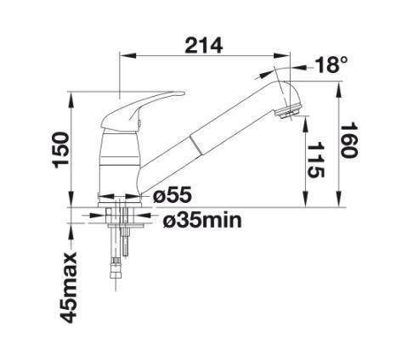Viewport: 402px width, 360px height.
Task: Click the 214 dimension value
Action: point(203,46)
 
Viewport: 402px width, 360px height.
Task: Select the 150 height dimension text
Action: point(61,149)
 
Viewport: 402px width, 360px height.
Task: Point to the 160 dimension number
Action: point(348,140)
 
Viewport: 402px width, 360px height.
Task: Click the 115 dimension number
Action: point(315,160)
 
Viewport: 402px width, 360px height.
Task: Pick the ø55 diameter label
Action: point(173,195)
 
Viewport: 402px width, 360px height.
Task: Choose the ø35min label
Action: point(202,220)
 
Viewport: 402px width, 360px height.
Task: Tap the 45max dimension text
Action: point(70,287)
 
